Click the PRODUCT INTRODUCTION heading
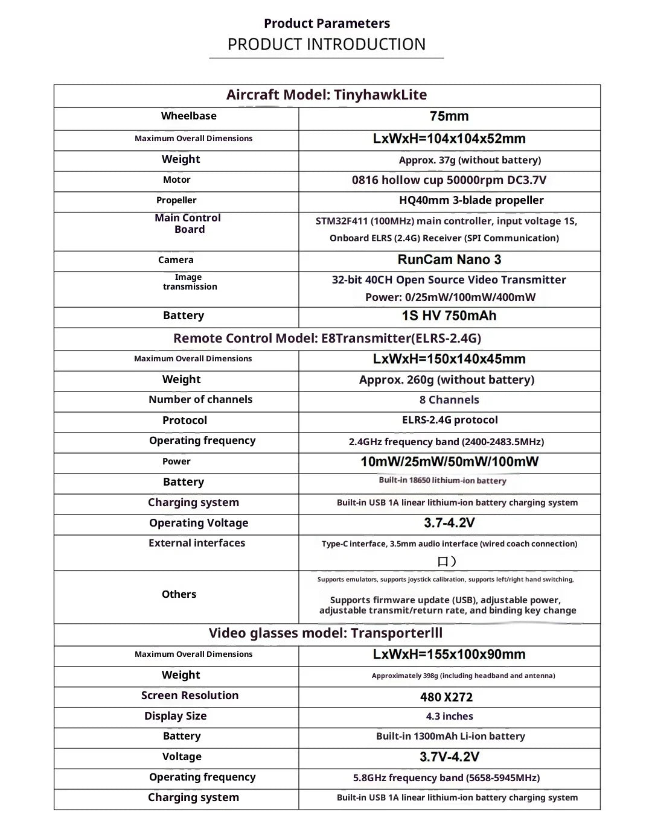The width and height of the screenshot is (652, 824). (326, 44)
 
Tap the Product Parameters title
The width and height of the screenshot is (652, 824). (327, 24)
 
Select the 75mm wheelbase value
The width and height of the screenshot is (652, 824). (449, 116)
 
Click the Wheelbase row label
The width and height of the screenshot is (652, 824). (188, 116)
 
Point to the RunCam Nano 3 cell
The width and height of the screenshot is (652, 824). (449, 260)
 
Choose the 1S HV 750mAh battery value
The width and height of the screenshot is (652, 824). (449, 315)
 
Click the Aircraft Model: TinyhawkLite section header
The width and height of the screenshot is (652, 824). (327, 95)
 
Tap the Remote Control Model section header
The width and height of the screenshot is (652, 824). (327, 338)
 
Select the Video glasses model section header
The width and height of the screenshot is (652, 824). (325, 633)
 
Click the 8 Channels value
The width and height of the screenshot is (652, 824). (449, 400)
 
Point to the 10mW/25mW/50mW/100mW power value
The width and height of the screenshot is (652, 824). (449, 462)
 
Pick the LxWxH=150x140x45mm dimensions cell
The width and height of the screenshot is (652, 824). (449, 359)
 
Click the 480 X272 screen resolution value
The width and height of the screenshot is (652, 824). (447, 697)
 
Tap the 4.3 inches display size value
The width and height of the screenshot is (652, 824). (449, 716)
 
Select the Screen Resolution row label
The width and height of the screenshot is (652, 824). (190, 696)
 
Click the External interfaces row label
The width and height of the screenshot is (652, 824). (197, 543)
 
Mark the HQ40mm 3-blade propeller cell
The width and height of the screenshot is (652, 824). (471, 200)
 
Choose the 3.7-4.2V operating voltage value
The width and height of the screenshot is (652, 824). (449, 523)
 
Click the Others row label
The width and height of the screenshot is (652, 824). (179, 594)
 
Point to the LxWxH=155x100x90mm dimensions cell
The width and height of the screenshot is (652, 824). (449, 654)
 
